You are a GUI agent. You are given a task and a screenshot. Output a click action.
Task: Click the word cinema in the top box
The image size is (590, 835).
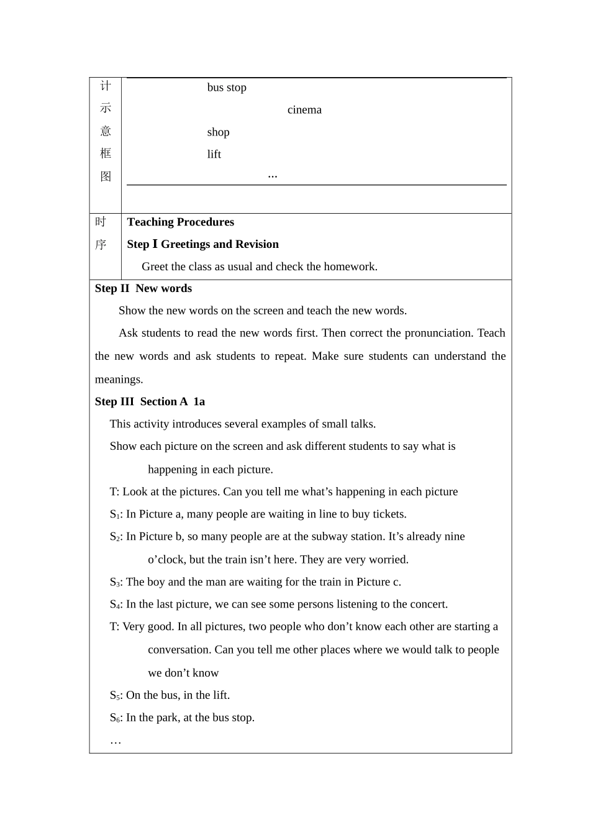point(304,110)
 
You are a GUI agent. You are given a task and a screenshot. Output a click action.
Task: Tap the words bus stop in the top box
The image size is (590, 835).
point(227,88)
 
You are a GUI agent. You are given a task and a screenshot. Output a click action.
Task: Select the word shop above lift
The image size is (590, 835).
point(218,132)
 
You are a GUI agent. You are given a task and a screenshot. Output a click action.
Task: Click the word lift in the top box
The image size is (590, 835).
point(214,155)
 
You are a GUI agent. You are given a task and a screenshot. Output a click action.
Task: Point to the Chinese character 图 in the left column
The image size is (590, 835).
point(106,176)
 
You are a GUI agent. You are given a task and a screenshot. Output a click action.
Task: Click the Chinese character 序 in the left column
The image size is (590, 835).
point(101,245)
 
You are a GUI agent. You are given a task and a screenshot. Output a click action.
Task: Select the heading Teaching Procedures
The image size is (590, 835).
point(180,222)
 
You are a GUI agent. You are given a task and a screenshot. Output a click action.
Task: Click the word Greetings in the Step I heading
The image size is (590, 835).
point(186,245)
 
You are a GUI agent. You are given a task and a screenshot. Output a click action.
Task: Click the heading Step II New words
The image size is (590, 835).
point(143,289)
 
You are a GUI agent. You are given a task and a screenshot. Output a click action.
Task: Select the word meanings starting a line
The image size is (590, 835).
point(118,380)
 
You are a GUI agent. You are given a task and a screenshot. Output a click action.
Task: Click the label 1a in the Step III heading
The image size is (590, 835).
point(199,402)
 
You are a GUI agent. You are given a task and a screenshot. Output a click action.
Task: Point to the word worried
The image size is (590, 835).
point(388,560)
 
